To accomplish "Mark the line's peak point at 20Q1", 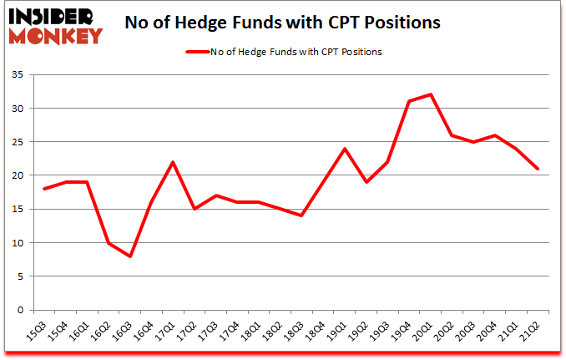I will (x=431, y=94).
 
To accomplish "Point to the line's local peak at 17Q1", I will (x=173, y=162).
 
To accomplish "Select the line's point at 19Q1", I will (x=345, y=149).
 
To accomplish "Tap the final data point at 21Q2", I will (x=538, y=169).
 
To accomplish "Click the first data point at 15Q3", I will (x=43, y=189).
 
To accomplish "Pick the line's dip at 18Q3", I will (x=301, y=215).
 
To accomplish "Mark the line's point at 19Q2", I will (x=366, y=182).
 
